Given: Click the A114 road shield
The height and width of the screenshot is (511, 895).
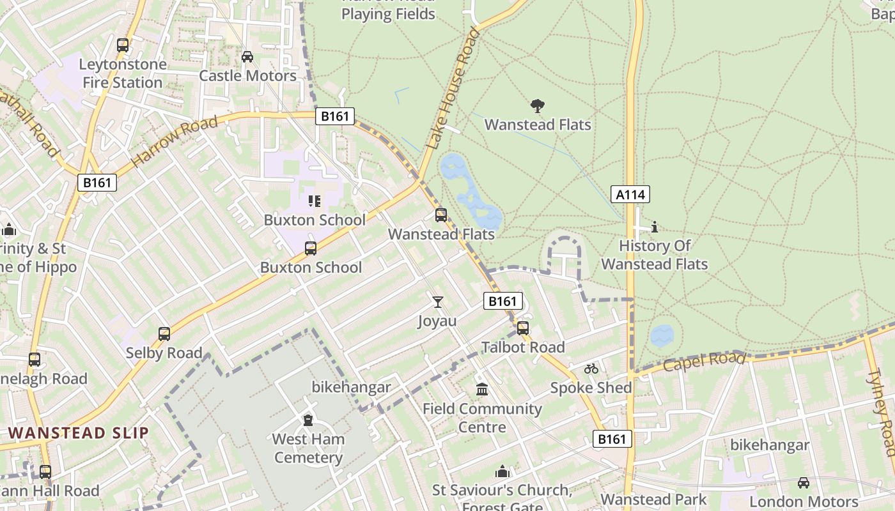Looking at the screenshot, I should click(630, 194).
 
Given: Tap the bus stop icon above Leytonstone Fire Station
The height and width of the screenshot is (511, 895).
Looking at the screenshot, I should click(123, 45).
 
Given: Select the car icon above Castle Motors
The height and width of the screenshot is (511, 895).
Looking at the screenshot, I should click(247, 57).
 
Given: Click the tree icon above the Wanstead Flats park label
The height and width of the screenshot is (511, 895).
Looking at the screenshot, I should click(538, 105).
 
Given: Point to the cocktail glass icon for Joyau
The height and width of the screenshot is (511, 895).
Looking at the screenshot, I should click(437, 301).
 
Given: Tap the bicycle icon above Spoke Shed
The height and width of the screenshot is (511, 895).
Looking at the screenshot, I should click(591, 369).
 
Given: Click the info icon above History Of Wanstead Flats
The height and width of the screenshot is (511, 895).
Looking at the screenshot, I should click(654, 227).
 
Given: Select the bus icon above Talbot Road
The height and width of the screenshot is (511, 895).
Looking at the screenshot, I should click(523, 328).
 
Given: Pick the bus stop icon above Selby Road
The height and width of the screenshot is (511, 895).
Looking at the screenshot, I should click(164, 333).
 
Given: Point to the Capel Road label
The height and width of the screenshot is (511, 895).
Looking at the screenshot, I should click(704, 362).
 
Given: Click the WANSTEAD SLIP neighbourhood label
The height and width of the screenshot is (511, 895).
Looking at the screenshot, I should click(79, 432).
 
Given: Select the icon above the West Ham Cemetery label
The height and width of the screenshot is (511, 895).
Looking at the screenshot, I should click(308, 420).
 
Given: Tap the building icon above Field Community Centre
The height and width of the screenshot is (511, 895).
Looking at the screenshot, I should click(482, 389).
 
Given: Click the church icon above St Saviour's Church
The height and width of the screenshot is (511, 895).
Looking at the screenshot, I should click(502, 471).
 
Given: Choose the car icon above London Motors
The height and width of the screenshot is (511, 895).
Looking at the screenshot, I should click(804, 482).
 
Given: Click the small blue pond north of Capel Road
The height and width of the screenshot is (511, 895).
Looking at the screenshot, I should click(662, 335).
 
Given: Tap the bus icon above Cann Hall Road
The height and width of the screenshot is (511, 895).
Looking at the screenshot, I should click(45, 472).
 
